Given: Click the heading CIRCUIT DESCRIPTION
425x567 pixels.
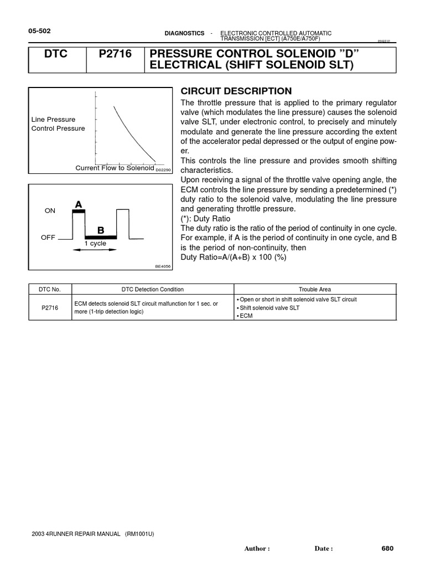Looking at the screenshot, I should (x=236, y=91).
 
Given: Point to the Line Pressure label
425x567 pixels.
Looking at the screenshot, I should (x=53, y=119).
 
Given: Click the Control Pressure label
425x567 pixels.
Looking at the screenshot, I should (x=58, y=128).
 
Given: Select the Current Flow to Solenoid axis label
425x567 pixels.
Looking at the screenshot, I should (x=115, y=168).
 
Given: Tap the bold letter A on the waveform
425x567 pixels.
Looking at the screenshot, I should (x=78, y=204).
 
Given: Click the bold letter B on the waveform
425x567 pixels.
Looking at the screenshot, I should (x=101, y=230).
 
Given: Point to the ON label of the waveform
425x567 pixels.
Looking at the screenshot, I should (x=50, y=211).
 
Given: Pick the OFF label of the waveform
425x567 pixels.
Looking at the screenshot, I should (x=49, y=237).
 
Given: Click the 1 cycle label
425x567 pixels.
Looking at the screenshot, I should (x=95, y=244).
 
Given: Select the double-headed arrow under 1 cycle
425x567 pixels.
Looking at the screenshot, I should (x=95, y=250).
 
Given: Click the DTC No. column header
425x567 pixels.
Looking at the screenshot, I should (x=50, y=290).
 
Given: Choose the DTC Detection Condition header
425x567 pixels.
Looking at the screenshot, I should (x=152, y=290).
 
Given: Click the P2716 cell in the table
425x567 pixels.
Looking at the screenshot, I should (x=50, y=308).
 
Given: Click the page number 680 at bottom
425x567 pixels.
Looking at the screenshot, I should (x=387, y=549).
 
